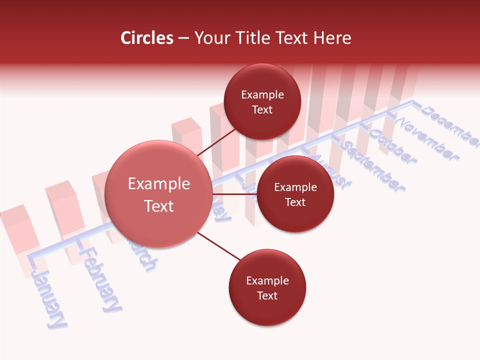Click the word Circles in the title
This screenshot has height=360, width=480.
tap(147, 38)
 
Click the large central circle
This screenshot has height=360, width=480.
tap(158, 194)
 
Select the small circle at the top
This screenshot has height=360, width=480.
tap(262, 101)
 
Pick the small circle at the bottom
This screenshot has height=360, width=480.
tap(267, 288)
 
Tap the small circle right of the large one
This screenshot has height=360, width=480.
tap(295, 194)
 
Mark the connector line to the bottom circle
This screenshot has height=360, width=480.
tap(219, 246)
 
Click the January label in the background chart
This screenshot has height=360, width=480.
tap(49, 299)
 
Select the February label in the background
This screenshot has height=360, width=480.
tap(101, 279)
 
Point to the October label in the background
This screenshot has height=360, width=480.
tap(392, 146)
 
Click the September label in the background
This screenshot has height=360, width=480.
tap(373, 167)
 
